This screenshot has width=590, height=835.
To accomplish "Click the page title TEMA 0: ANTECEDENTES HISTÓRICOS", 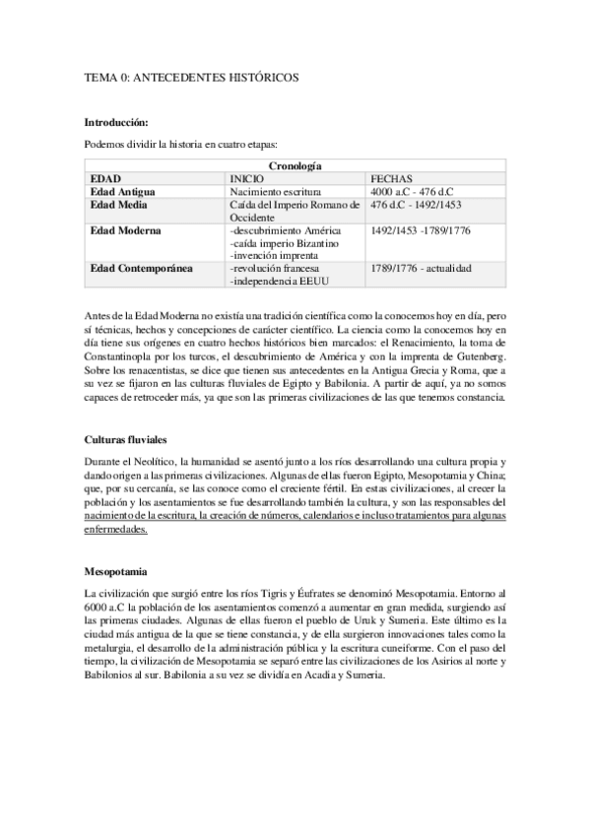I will tap(191, 76).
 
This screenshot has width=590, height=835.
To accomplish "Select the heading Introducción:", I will tap(116, 122).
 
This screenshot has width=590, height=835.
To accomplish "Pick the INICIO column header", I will tap(246, 178).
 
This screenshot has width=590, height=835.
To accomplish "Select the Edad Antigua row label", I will tap(122, 190).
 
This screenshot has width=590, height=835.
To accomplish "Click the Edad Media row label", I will tap(118, 204).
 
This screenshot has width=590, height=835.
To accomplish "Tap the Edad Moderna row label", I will tap(124, 229).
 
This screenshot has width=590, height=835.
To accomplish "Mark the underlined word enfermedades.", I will tap(116, 528).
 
